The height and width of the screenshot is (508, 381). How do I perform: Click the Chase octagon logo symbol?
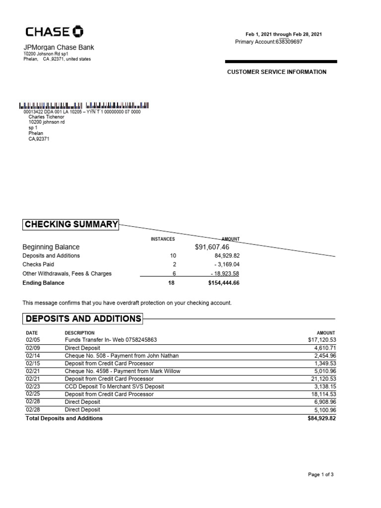(x=78, y=32)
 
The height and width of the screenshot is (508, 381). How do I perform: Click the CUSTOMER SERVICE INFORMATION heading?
(x=277, y=72)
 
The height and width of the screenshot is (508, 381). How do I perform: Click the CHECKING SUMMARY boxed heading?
(x=71, y=225)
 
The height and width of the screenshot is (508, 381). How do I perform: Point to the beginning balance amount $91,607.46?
(x=212, y=247)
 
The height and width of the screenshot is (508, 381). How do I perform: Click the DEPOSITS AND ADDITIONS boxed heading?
(x=83, y=318)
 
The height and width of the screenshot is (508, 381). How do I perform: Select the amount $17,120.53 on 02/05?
(x=321, y=340)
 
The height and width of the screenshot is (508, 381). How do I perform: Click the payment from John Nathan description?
(x=122, y=356)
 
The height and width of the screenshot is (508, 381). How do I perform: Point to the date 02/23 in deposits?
(x=32, y=386)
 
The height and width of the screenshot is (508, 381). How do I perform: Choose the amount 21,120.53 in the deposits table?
(x=322, y=379)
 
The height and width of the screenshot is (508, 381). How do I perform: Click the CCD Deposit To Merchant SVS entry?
(x=114, y=386)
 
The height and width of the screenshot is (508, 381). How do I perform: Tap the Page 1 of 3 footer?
(x=320, y=475)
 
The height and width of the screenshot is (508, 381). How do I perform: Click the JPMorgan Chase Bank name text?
(x=59, y=48)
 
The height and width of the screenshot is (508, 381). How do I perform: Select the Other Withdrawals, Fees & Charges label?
(x=67, y=273)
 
